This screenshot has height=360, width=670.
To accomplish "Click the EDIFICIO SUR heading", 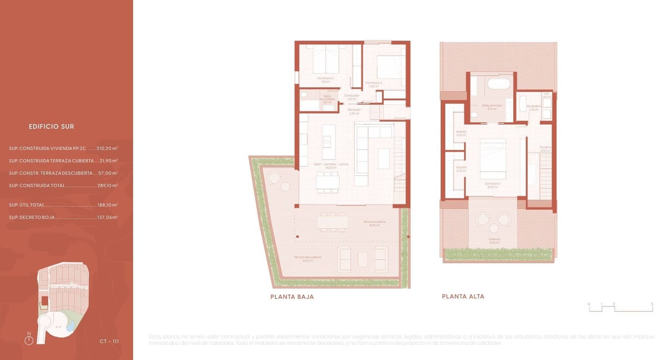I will pos(52,126).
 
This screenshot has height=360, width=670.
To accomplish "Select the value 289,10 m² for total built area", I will pos(107,185).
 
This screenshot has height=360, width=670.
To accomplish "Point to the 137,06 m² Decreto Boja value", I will pos(107,217).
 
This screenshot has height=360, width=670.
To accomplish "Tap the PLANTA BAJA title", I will pos(292,297).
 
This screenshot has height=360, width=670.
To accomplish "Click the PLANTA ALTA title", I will pos(463,296).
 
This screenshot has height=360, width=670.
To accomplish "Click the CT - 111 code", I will pos(109,342).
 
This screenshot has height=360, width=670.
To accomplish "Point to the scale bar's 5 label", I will pos(652,304).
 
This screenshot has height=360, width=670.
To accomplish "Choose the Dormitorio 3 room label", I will pos(374,84).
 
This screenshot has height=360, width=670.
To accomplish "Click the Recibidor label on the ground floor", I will pos(354,111).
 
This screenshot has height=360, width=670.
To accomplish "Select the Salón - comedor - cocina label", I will pos(331,165).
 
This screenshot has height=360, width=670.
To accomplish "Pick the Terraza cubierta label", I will pos(374,223).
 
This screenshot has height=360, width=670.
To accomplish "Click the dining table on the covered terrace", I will pos(332,222).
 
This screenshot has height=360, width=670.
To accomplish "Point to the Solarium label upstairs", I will pos(494,241).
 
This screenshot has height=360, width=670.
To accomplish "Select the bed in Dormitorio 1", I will pos(492,159).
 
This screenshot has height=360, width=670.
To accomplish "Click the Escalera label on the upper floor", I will pos(545,149).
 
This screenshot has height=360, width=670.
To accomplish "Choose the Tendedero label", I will pos(533,108).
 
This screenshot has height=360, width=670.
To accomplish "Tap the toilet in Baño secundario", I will pos(304,95).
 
